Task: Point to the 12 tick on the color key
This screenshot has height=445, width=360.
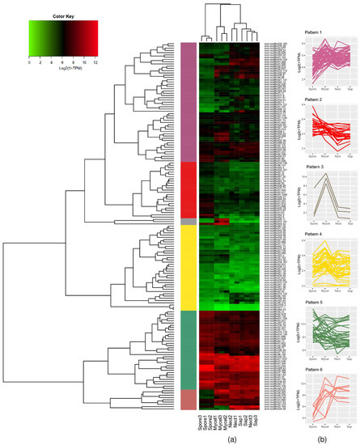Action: point(96,61)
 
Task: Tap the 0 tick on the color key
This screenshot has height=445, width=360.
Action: point(29,61)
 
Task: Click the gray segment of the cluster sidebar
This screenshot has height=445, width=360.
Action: point(187,221)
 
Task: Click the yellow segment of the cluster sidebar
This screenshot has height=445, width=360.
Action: point(187,267)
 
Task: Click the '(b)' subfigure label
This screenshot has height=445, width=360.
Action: point(322,438)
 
